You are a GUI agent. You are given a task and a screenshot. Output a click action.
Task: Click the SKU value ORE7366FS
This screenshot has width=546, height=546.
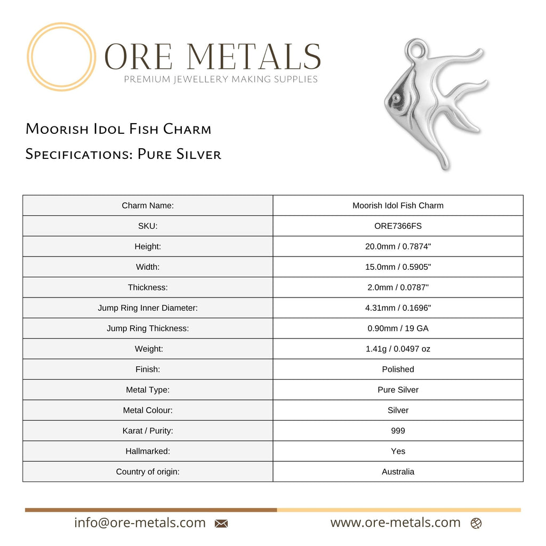tap(398, 226)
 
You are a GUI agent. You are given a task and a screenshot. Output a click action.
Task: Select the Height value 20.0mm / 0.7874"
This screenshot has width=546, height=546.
tap(398, 246)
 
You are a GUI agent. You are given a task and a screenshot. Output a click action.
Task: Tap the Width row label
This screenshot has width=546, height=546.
tap(148, 267)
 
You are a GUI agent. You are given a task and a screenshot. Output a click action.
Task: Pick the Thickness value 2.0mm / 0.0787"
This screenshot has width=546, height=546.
tap(398, 287)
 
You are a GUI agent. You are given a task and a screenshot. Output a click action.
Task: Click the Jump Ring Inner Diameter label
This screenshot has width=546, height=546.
tap(148, 308)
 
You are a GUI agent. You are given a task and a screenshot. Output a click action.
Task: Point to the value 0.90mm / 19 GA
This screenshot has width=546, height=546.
tap(398, 328)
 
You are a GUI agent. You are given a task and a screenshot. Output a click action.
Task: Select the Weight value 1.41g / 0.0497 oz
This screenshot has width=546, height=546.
tap(398, 349)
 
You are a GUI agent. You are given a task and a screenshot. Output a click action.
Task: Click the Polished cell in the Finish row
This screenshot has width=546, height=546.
tap(398, 369)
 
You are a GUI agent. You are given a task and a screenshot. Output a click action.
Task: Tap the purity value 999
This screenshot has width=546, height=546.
tap(398, 431)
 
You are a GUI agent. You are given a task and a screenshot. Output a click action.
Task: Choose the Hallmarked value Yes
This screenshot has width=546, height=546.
tap(398, 451)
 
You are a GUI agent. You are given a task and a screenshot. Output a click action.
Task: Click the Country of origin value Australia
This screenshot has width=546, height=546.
tap(398, 471)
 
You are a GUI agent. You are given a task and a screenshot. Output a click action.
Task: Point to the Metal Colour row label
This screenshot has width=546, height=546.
tap(148, 410)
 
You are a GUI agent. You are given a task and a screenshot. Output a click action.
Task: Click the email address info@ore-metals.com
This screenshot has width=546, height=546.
tap(140, 523)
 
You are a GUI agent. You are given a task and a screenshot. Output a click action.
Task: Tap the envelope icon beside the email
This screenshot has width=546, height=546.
tap(221, 524)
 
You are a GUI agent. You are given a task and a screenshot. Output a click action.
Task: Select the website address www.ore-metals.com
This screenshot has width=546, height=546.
tap(395, 523)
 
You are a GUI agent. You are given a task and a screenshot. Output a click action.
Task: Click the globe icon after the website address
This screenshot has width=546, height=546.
tap(476, 524)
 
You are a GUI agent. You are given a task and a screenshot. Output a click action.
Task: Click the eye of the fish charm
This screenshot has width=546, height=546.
tap(396, 98)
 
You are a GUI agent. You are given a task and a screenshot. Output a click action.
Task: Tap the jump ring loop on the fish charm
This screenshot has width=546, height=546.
tap(416, 50)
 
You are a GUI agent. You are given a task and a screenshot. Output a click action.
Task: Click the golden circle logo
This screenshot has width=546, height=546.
tap(61, 57)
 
